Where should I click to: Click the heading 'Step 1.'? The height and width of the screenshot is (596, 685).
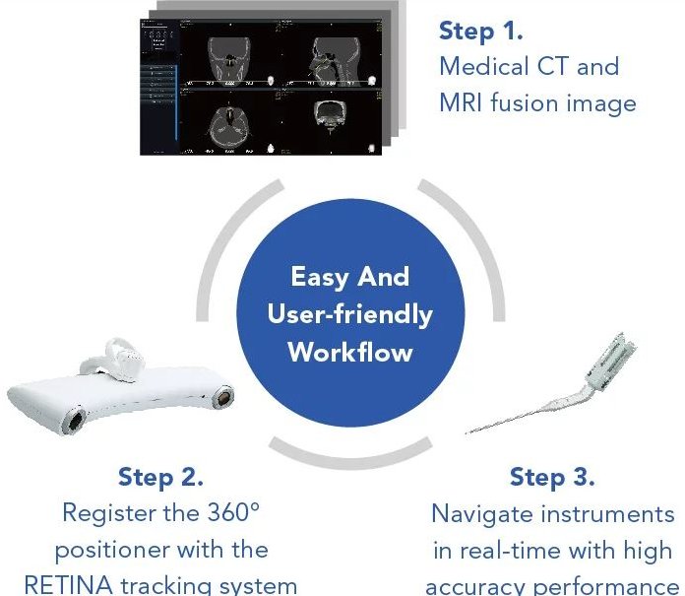click(x=480, y=32)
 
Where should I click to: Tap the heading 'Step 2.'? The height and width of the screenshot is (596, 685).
click(x=160, y=477)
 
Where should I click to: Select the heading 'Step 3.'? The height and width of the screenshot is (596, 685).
click(x=552, y=477)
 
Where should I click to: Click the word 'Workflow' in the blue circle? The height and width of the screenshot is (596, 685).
click(x=350, y=352)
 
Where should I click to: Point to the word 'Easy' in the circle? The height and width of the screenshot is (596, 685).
click(x=320, y=277)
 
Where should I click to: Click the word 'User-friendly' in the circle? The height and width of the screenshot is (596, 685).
click(x=350, y=315)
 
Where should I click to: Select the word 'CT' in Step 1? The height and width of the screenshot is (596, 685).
click(x=553, y=66)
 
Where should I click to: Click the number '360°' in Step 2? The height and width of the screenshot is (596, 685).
click(x=233, y=512)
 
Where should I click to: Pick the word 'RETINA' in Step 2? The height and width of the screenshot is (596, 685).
click(x=69, y=585)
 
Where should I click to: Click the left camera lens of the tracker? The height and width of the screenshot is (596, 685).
click(x=75, y=421)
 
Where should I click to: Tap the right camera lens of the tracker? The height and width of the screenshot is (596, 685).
click(x=222, y=397)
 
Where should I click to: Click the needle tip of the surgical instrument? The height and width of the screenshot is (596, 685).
click(x=467, y=432)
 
